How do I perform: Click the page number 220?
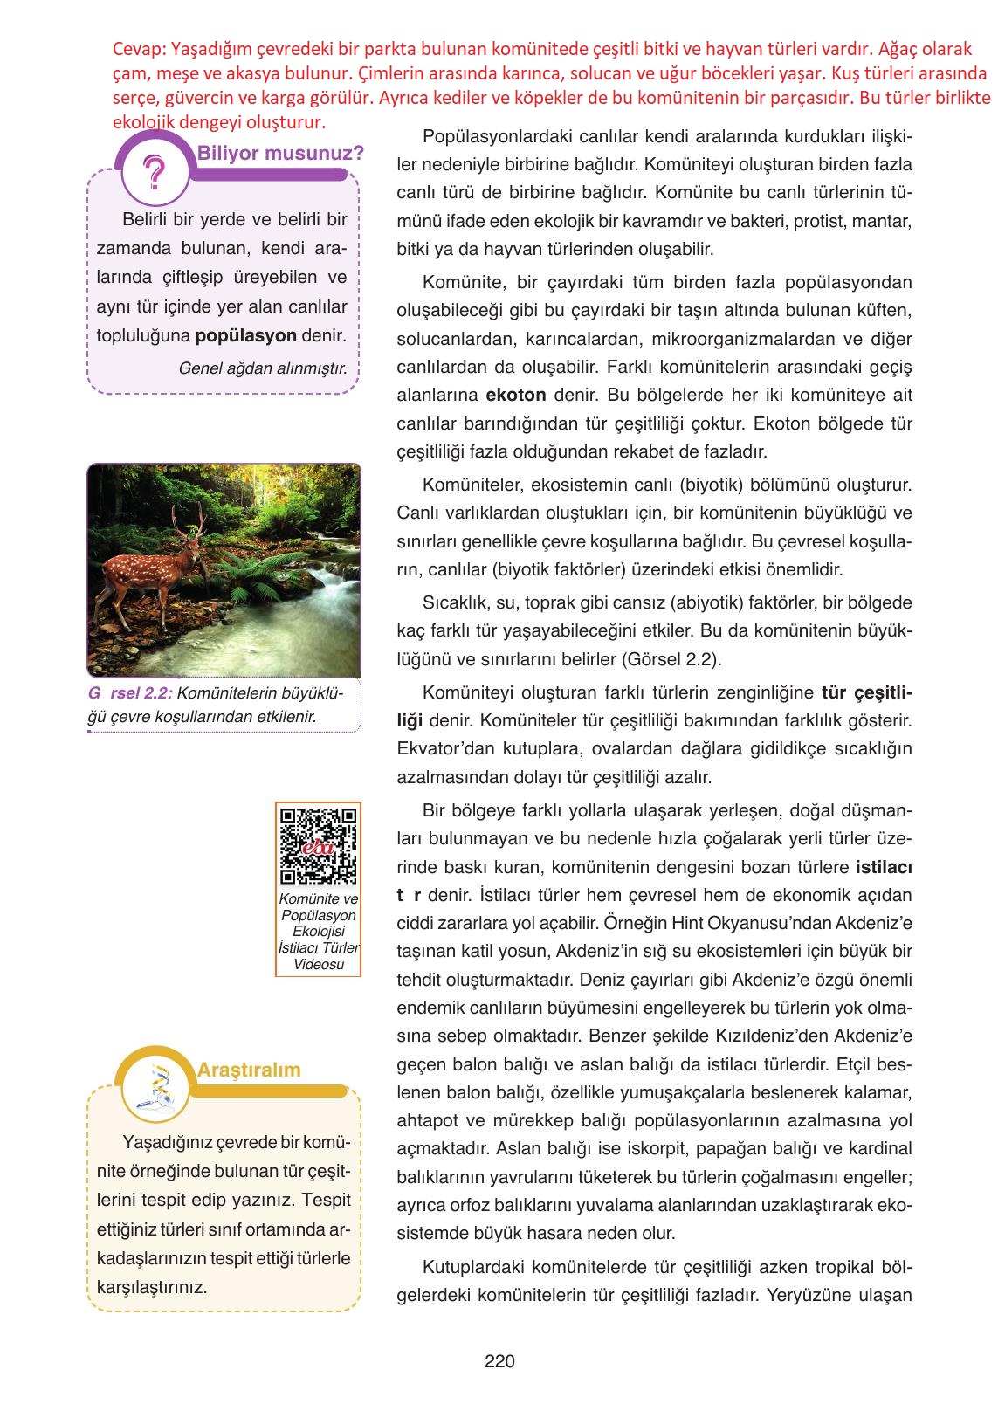pyautogui.click(x=499, y=1360)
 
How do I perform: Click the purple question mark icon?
pyautogui.click(x=155, y=172)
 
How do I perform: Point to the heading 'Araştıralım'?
pyautogui.click(x=249, y=1070)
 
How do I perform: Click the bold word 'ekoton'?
pyautogui.click(x=516, y=395)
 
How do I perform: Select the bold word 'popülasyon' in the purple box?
pyautogui.click(x=246, y=336)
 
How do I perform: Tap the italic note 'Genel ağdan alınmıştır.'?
pyautogui.click(x=262, y=368)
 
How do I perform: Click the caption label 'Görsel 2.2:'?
pyautogui.click(x=130, y=693)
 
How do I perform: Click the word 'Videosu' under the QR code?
pyautogui.click(x=318, y=965)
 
